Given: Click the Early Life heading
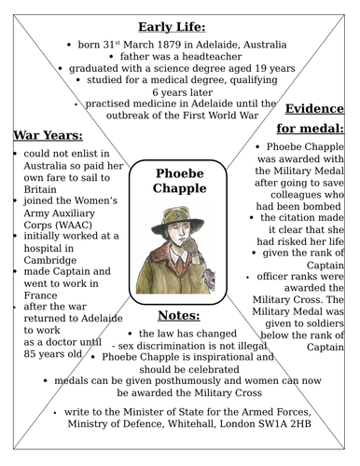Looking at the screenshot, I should (179, 26).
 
